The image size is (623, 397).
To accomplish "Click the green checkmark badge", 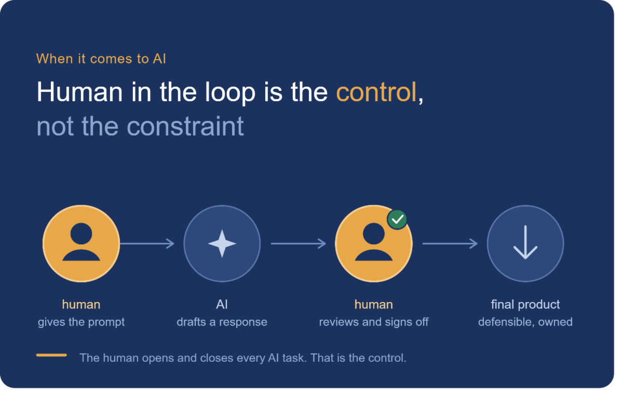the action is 397,220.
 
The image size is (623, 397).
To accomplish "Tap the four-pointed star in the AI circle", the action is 222,244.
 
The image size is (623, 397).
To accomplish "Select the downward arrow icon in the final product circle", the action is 525,242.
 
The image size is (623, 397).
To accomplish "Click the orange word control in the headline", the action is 376,92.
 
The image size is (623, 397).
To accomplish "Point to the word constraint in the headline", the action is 185,127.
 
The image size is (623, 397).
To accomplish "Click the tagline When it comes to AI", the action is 101,59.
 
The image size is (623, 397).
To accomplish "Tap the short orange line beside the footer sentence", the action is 51,355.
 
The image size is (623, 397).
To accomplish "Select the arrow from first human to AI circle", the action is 147,243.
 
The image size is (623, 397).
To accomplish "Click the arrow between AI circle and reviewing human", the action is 299,243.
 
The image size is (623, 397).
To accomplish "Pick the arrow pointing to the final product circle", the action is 450,243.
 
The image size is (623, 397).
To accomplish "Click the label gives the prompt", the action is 81,322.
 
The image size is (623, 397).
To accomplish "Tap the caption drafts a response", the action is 222,322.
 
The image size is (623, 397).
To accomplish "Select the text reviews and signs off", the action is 374,322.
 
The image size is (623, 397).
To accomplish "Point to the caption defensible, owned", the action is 525,322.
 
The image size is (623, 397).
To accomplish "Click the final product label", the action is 525,305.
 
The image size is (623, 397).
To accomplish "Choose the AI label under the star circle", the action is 222,305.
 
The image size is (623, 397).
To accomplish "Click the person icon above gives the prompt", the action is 81,242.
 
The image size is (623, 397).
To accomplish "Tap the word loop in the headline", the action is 231,93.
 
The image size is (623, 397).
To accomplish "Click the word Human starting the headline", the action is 79,92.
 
